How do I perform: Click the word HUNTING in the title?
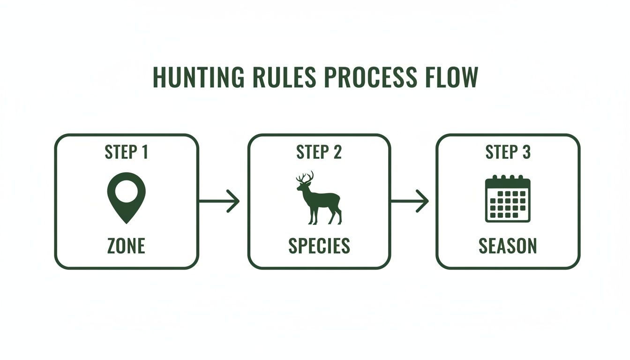coord(199,77)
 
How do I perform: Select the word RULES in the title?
coord(285,77)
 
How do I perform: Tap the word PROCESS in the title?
coord(371,77)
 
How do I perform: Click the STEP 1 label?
coord(126,152)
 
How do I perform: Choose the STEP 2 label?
coord(319,152)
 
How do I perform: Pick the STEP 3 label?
coord(508,152)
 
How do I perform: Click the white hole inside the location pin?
coord(126,191)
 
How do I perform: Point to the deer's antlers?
coord(305,177)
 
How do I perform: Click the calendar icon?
coord(508,199)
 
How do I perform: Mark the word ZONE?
coord(126,246)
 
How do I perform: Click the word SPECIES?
coord(319,246)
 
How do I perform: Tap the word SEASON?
coord(508,246)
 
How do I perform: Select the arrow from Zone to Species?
coord(219,201)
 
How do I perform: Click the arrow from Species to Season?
coord(410,201)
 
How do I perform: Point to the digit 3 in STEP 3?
coord(526,152)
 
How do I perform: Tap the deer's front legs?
coord(313,215)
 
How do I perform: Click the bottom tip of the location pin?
coord(126,224)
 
